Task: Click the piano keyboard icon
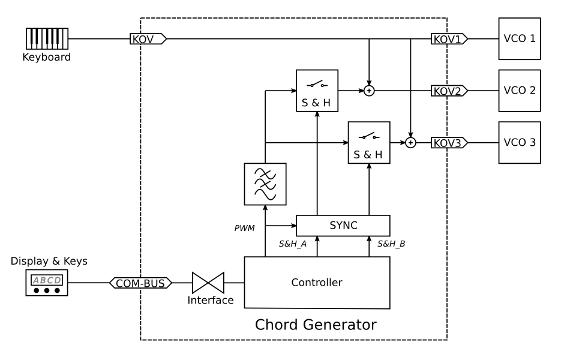(46, 39)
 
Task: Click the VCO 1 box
(520, 39)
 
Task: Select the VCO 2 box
(520, 91)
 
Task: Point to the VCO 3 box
(520, 143)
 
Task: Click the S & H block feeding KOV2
(317, 91)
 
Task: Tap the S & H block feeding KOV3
(369, 143)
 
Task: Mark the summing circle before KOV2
(370, 91)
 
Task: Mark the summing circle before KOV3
(410, 143)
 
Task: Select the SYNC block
(343, 225)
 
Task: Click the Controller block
(317, 283)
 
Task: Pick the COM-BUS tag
(141, 282)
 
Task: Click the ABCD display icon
(46, 282)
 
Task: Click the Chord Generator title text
(316, 325)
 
